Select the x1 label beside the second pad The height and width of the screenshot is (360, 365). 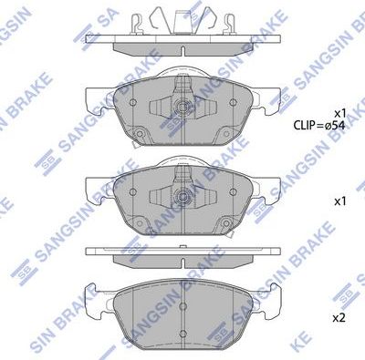pyautogui.click(x=339, y=199)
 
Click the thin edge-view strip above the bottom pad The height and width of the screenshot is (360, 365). pyautogui.click(x=179, y=251)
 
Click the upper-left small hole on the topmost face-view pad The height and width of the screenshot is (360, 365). pyautogui.click(x=133, y=102)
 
